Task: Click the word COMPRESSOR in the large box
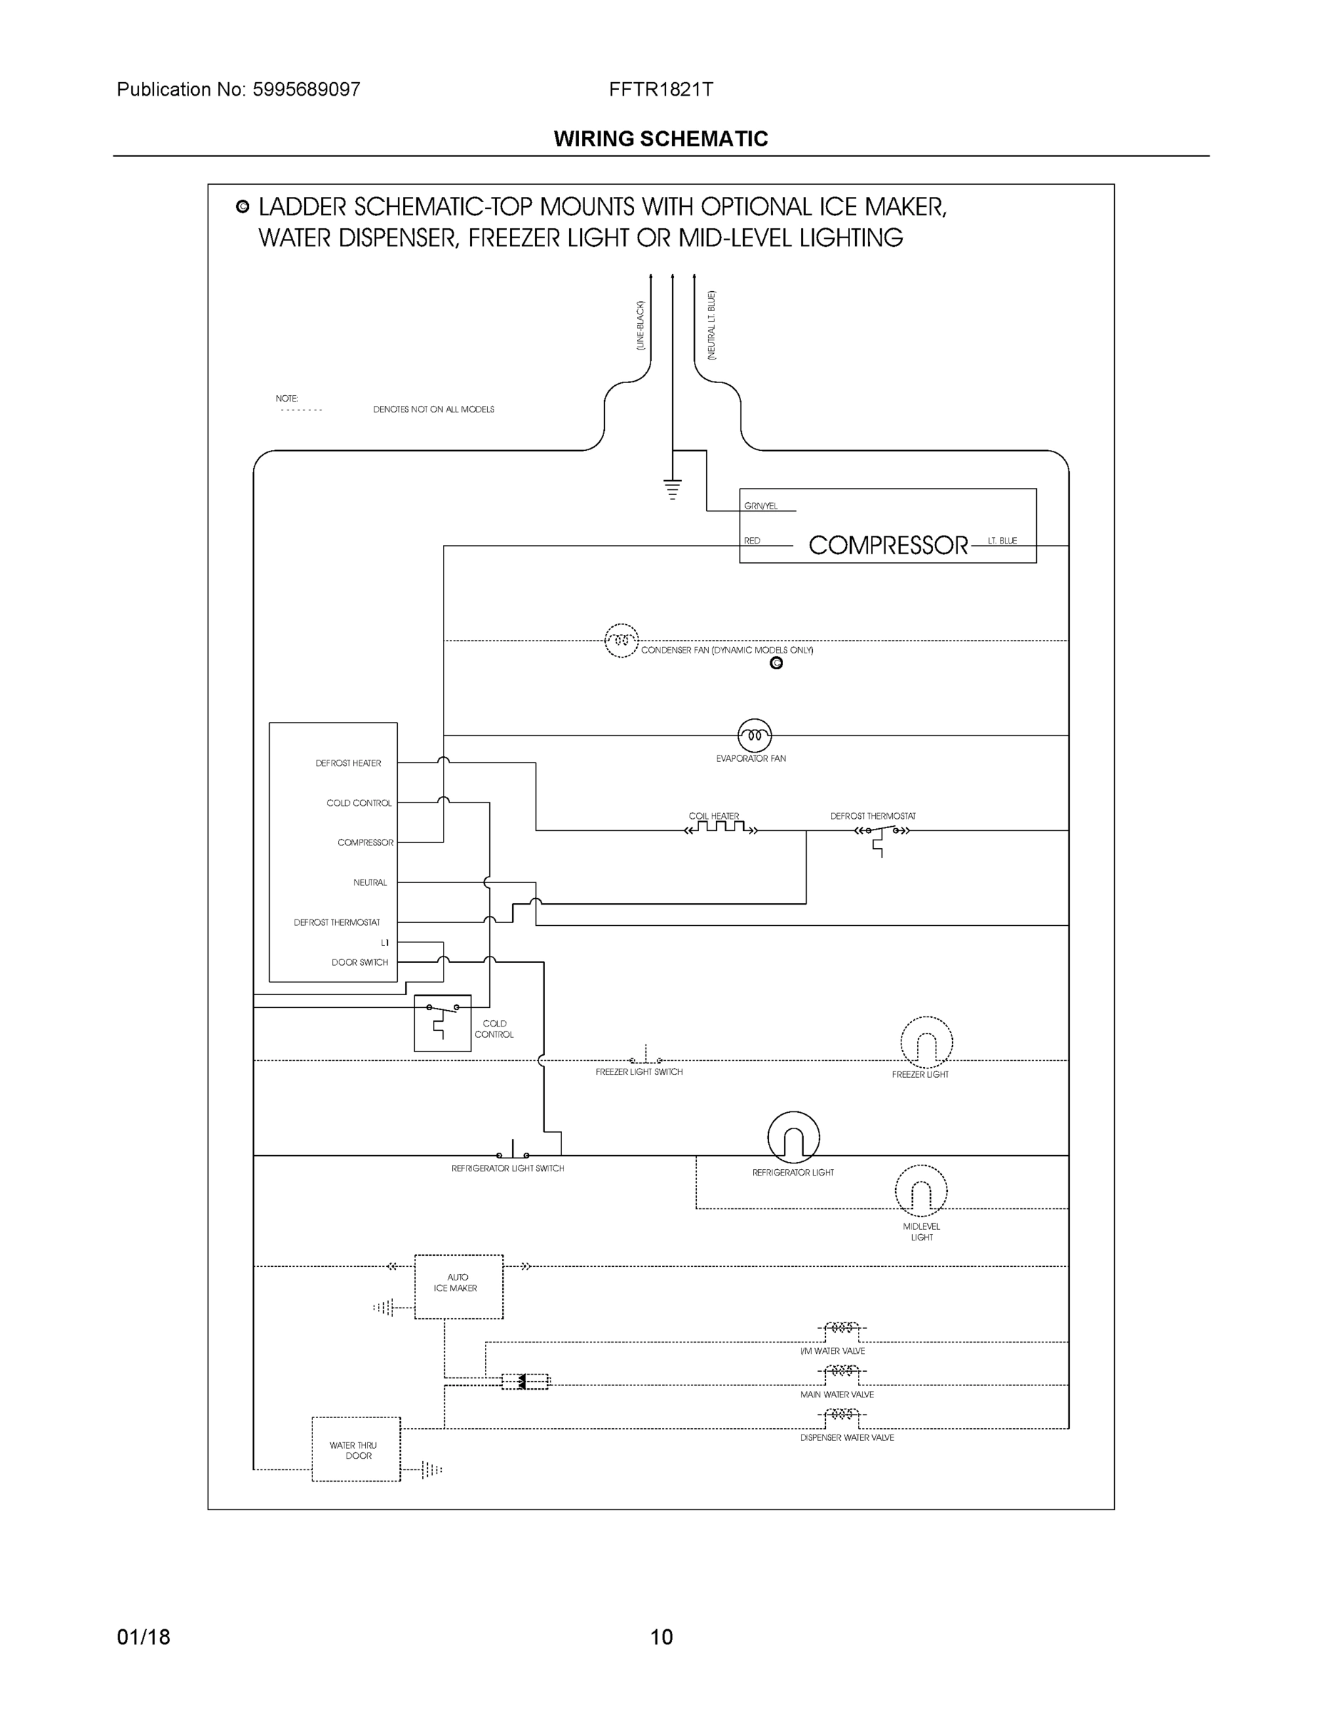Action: (887, 546)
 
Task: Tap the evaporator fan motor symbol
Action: (754, 735)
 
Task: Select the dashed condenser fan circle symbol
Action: (620, 641)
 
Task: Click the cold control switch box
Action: (442, 1023)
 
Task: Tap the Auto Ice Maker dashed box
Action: (459, 1286)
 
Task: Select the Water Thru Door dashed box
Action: (356, 1449)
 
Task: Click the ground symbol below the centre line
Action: (673, 489)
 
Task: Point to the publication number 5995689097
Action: (307, 89)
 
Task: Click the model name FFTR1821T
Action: (660, 89)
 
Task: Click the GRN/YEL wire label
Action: (760, 506)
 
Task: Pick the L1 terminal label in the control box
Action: (384, 942)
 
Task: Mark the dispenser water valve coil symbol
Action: (842, 1414)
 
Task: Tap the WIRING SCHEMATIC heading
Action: (660, 139)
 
